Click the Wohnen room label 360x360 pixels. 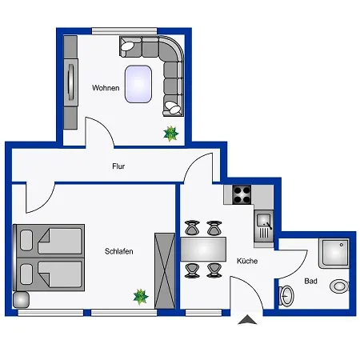[x=106, y=88]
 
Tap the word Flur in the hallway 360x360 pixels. [x=118, y=166]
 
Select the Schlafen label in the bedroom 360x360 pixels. [x=119, y=251]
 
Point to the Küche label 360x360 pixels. [x=247, y=261]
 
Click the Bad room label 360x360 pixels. [x=310, y=281]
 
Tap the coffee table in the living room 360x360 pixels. [x=138, y=84]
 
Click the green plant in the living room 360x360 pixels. [x=170, y=134]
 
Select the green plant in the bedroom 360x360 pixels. [x=141, y=297]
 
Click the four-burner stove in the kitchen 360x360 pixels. [x=242, y=194]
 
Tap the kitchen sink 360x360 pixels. [x=264, y=226]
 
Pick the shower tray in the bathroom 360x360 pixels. [x=334, y=254]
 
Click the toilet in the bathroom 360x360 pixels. [x=339, y=286]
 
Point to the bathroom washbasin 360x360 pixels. [x=286, y=296]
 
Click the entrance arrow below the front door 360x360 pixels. [x=247, y=319]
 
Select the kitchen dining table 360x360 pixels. [x=203, y=250]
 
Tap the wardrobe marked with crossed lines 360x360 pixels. [x=165, y=270]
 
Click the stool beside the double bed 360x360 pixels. [x=21, y=300]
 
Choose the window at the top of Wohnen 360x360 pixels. [x=125, y=31]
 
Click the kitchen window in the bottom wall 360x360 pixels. [x=203, y=313]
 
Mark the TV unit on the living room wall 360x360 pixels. [x=70, y=82]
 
